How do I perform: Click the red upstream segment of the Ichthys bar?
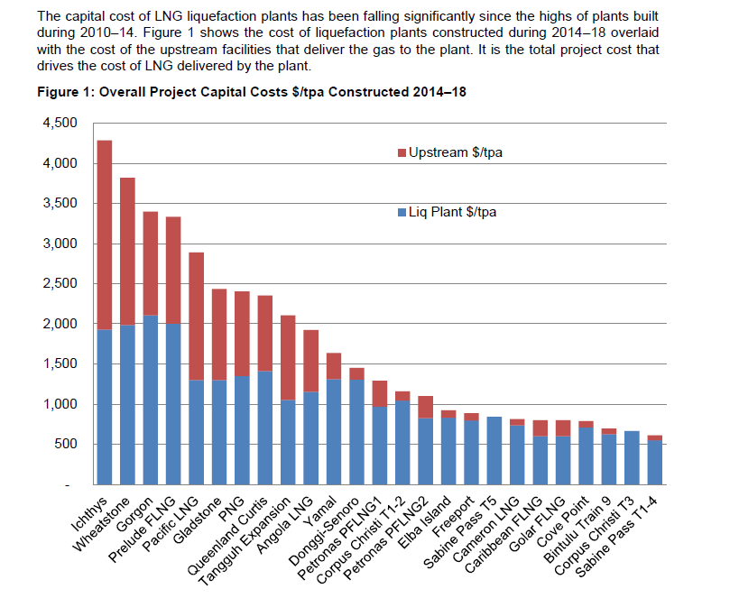coord(104,235)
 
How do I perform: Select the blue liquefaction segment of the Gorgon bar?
coord(151,400)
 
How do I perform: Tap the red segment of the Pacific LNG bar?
coord(196,317)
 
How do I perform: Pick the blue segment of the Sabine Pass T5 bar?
coord(494,450)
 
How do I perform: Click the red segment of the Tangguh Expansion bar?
coord(288,358)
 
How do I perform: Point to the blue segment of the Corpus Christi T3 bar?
coord(632,457)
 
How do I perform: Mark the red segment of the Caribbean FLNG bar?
coord(540,428)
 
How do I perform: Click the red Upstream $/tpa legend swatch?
coord(402,152)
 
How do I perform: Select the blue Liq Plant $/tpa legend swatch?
coord(402,213)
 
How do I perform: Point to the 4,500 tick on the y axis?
coord(60,123)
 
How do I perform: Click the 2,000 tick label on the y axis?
coord(60,324)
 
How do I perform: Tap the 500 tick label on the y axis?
coord(66,444)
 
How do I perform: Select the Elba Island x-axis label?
coord(424,522)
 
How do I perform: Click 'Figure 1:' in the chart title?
coord(66,92)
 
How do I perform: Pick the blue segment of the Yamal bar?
coord(334,432)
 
